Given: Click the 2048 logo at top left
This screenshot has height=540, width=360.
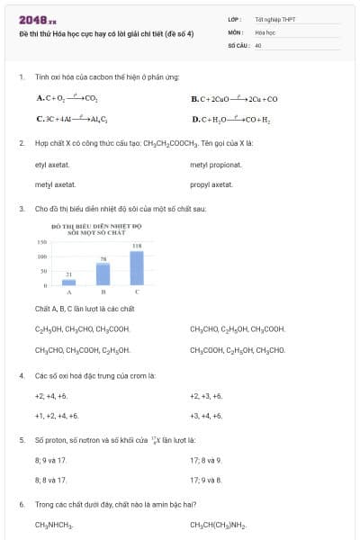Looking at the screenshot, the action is (38, 18).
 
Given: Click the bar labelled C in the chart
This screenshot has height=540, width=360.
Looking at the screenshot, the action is (137, 268).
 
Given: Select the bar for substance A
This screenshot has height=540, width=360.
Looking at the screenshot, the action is (69, 282).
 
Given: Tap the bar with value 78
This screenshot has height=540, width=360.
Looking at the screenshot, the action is (103, 274).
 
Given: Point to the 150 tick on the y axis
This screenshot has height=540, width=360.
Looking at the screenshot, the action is (41, 243).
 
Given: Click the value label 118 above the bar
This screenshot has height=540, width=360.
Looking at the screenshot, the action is (137, 246).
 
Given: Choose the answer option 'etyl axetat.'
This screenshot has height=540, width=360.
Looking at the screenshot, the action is (52, 165).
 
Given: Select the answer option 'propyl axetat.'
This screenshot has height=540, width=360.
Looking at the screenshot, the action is (211, 184).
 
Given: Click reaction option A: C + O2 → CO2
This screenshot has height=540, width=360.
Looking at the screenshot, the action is (67, 98).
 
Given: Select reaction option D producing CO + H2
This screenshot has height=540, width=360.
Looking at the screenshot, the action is (224, 119).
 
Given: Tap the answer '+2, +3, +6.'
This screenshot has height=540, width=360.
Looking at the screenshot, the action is (206, 396).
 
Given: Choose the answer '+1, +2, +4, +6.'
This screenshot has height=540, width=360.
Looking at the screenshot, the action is (57, 416).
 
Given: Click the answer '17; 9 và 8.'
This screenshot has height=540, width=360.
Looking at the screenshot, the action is (206, 480).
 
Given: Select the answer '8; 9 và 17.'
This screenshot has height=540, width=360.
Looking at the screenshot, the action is (50, 460).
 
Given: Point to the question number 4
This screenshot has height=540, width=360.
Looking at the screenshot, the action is (22, 375).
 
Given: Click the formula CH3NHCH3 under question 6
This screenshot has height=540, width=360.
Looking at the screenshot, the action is (54, 524).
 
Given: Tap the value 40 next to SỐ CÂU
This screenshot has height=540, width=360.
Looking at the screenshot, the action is (258, 44).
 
